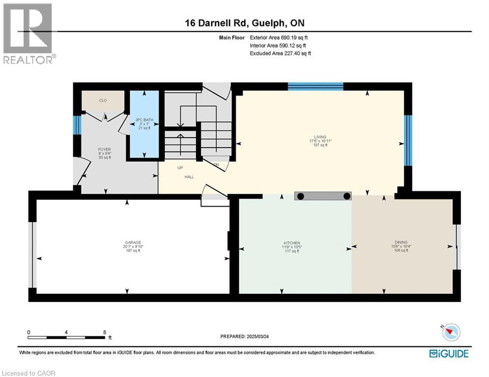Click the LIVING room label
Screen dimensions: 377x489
click(x=320, y=137)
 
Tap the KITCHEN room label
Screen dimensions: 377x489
click(x=291, y=243)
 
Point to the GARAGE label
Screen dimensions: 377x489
click(x=133, y=242)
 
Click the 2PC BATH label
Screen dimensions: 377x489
click(x=144, y=120)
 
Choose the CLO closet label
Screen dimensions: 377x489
click(x=103, y=101)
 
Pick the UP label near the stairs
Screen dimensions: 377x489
click(x=181, y=167)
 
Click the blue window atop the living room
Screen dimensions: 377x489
click(x=315, y=87)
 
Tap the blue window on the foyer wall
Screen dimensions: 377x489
click(x=77, y=125)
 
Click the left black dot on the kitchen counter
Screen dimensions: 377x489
click(x=301, y=196)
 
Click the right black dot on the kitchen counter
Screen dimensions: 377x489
click(x=347, y=196)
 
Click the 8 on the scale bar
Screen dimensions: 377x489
click(x=104, y=332)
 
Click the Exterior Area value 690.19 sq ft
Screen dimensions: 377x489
click(x=294, y=37)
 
